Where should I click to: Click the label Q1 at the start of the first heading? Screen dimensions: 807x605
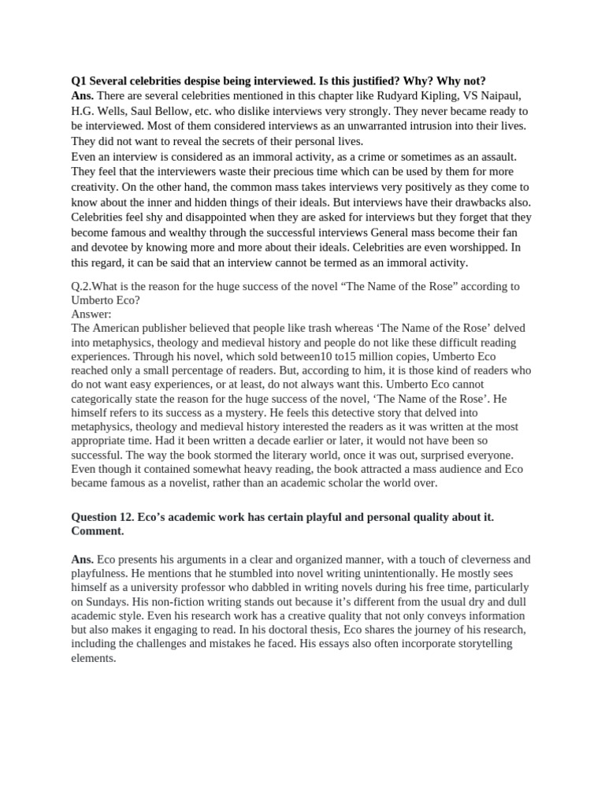tap(78, 81)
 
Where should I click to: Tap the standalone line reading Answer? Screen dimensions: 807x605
tap(91, 314)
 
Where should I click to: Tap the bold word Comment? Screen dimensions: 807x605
tap(98, 531)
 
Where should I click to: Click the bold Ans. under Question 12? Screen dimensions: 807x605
tap(82, 559)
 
